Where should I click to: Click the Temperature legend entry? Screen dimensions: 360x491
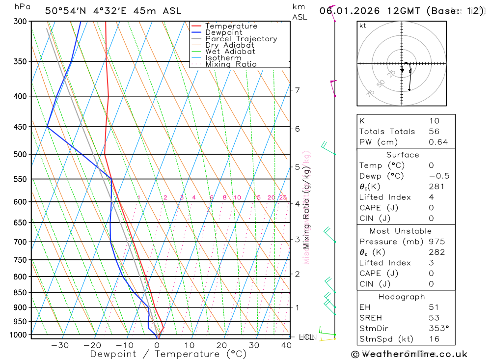[x=231, y=26]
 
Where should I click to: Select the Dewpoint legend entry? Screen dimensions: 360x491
[x=223, y=32]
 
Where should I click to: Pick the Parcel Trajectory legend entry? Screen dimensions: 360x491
[x=241, y=39]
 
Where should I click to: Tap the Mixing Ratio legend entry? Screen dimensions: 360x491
[x=231, y=64]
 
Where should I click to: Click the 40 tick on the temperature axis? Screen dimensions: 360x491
[x=286, y=345]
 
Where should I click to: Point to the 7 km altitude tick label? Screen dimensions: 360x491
[x=298, y=90]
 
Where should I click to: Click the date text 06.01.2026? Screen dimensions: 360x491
[x=344, y=10]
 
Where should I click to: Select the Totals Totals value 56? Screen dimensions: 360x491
[x=434, y=132]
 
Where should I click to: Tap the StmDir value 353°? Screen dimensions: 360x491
[x=438, y=328]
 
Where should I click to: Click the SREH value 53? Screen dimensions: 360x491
[x=434, y=318]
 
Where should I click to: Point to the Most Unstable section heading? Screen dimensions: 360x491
[x=401, y=231]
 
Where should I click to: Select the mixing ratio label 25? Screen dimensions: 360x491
[x=283, y=198]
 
